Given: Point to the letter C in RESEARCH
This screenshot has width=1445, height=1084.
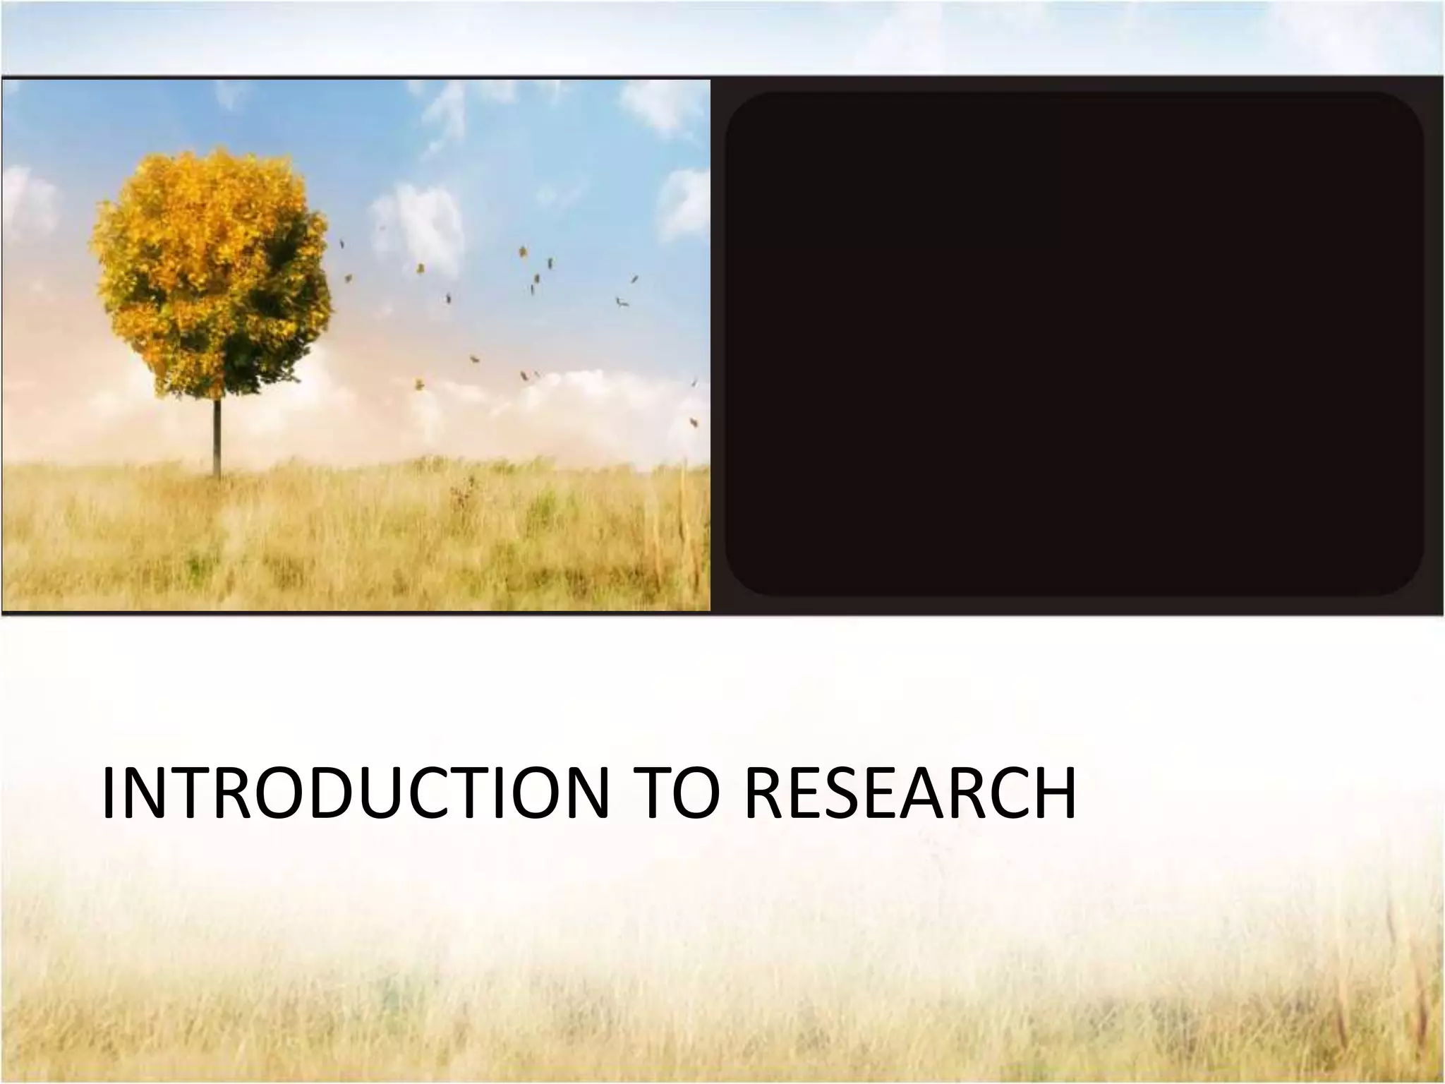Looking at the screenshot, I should [995, 795].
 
